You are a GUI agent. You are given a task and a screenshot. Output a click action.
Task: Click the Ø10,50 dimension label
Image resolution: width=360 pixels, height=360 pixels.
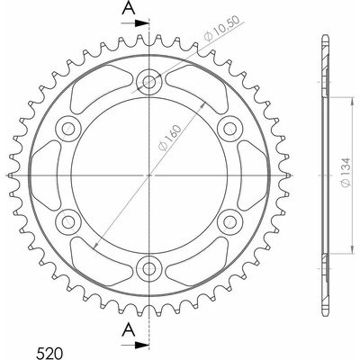(x=221, y=29)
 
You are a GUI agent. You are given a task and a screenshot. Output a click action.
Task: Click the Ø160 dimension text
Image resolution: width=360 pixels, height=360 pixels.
(x=170, y=138)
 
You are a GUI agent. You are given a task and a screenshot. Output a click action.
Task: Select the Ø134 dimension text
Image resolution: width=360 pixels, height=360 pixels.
(x=346, y=172)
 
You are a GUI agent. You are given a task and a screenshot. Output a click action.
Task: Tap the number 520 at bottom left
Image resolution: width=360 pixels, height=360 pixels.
(x=49, y=353)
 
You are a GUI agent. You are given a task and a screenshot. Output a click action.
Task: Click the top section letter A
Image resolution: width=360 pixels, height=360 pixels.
(x=129, y=9)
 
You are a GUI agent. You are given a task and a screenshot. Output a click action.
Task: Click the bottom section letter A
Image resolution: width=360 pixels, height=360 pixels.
(x=129, y=330)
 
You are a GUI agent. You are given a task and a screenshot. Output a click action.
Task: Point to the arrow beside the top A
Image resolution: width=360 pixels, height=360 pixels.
(x=135, y=23)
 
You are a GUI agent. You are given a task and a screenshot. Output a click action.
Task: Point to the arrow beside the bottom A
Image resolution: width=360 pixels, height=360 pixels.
(x=135, y=345)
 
